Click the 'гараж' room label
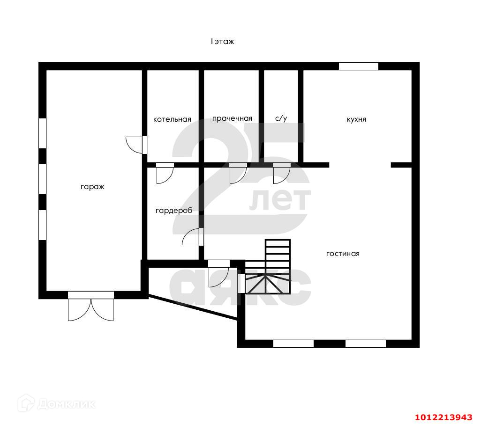click(x=92, y=187)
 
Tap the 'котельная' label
click(x=172, y=119)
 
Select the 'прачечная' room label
click(x=232, y=118)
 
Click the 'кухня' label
click(x=356, y=119)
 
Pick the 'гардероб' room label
click(x=173, y=211)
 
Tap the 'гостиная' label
click(x=343, y=254)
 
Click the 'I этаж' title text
click(x=222, y=42)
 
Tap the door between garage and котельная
click(x=135, y=145)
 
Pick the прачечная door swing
click(x=238, y=174)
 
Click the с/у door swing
click(x=281, y=174)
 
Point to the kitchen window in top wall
click(x=358, y=66)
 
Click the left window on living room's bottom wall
click(x=293, y=344)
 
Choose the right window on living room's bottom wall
click(x=365, y=344)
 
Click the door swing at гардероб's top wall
click(x=165, y=174)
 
